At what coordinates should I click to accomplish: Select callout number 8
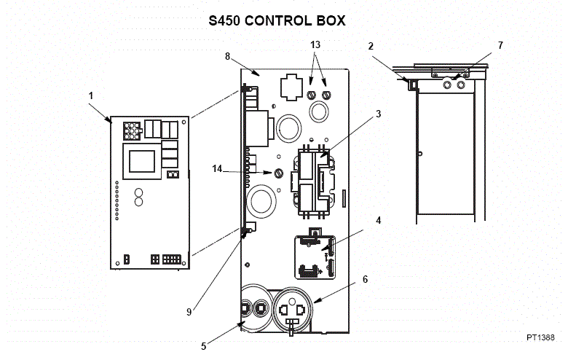pyautogui.click(x=228, y=55)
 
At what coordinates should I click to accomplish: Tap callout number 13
pyautogui.click(x=315, y=45)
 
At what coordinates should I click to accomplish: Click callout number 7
pyautogui.click(x=500, y=46)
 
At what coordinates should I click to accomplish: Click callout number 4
pyautogui.click(x=378, y=219)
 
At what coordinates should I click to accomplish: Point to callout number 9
pyautogui.click(x=189, y=312)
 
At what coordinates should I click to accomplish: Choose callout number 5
pyautogui.click(x=203, y=346)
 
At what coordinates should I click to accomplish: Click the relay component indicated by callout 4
pyautogui.click(x=315, y=257)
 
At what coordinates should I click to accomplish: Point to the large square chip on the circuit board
pyautogui.click(x=142, y=160)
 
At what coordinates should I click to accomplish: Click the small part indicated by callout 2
pyautogui.click(x=412, y=85)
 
